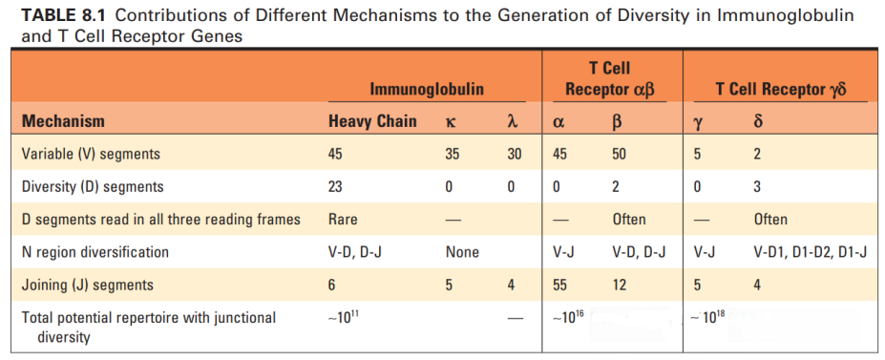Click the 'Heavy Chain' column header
(x=372, y=121)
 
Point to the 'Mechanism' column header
(x=63, y=121)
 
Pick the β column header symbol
(x=617, y=122)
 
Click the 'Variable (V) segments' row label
(x=91, y=154)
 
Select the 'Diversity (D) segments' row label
(x=93, y=186)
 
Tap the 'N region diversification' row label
(x=95, y=252)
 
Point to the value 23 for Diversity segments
(x=337, y=186)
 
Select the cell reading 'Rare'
(x=343, y=220)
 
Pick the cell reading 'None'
(x=462, y=252)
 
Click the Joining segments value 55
(x=562, y=285)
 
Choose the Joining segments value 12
(x=620, y=285)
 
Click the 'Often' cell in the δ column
(x=770, y=220)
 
